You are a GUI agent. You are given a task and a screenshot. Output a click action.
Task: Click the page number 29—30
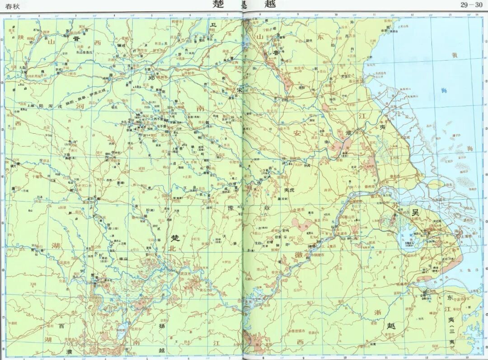471,5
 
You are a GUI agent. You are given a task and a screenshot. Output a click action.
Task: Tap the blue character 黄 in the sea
455,55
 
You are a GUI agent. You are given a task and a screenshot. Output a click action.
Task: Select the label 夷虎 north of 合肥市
289,191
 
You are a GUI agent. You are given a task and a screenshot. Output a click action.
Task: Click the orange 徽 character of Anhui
299,254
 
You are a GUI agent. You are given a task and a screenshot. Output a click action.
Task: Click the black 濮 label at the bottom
69,351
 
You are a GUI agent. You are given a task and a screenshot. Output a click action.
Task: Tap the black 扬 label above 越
161,325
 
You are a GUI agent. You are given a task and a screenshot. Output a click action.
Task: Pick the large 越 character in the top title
269,5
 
